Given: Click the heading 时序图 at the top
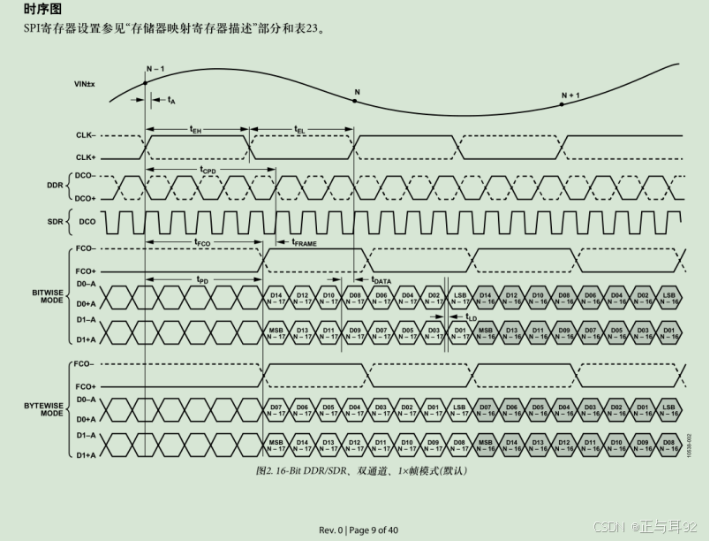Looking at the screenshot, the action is (x=42, y=10).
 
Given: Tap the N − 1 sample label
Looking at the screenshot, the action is (x=155, y=69).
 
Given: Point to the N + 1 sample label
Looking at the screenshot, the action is (x=570, y=95).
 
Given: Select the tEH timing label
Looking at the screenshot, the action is (x=195, y=128).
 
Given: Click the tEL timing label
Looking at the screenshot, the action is (x=300, y=128).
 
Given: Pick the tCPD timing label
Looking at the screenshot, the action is (x=208, y=169).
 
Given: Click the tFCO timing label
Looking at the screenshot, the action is (x=202, y=241).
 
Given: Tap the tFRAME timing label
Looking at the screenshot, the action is (x=303, y=241).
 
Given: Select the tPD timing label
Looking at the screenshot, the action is (x=202, y=278).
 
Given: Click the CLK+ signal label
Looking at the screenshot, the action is (x=86, y=156).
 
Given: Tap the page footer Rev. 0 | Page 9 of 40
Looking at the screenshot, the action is (x=358, y=530).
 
